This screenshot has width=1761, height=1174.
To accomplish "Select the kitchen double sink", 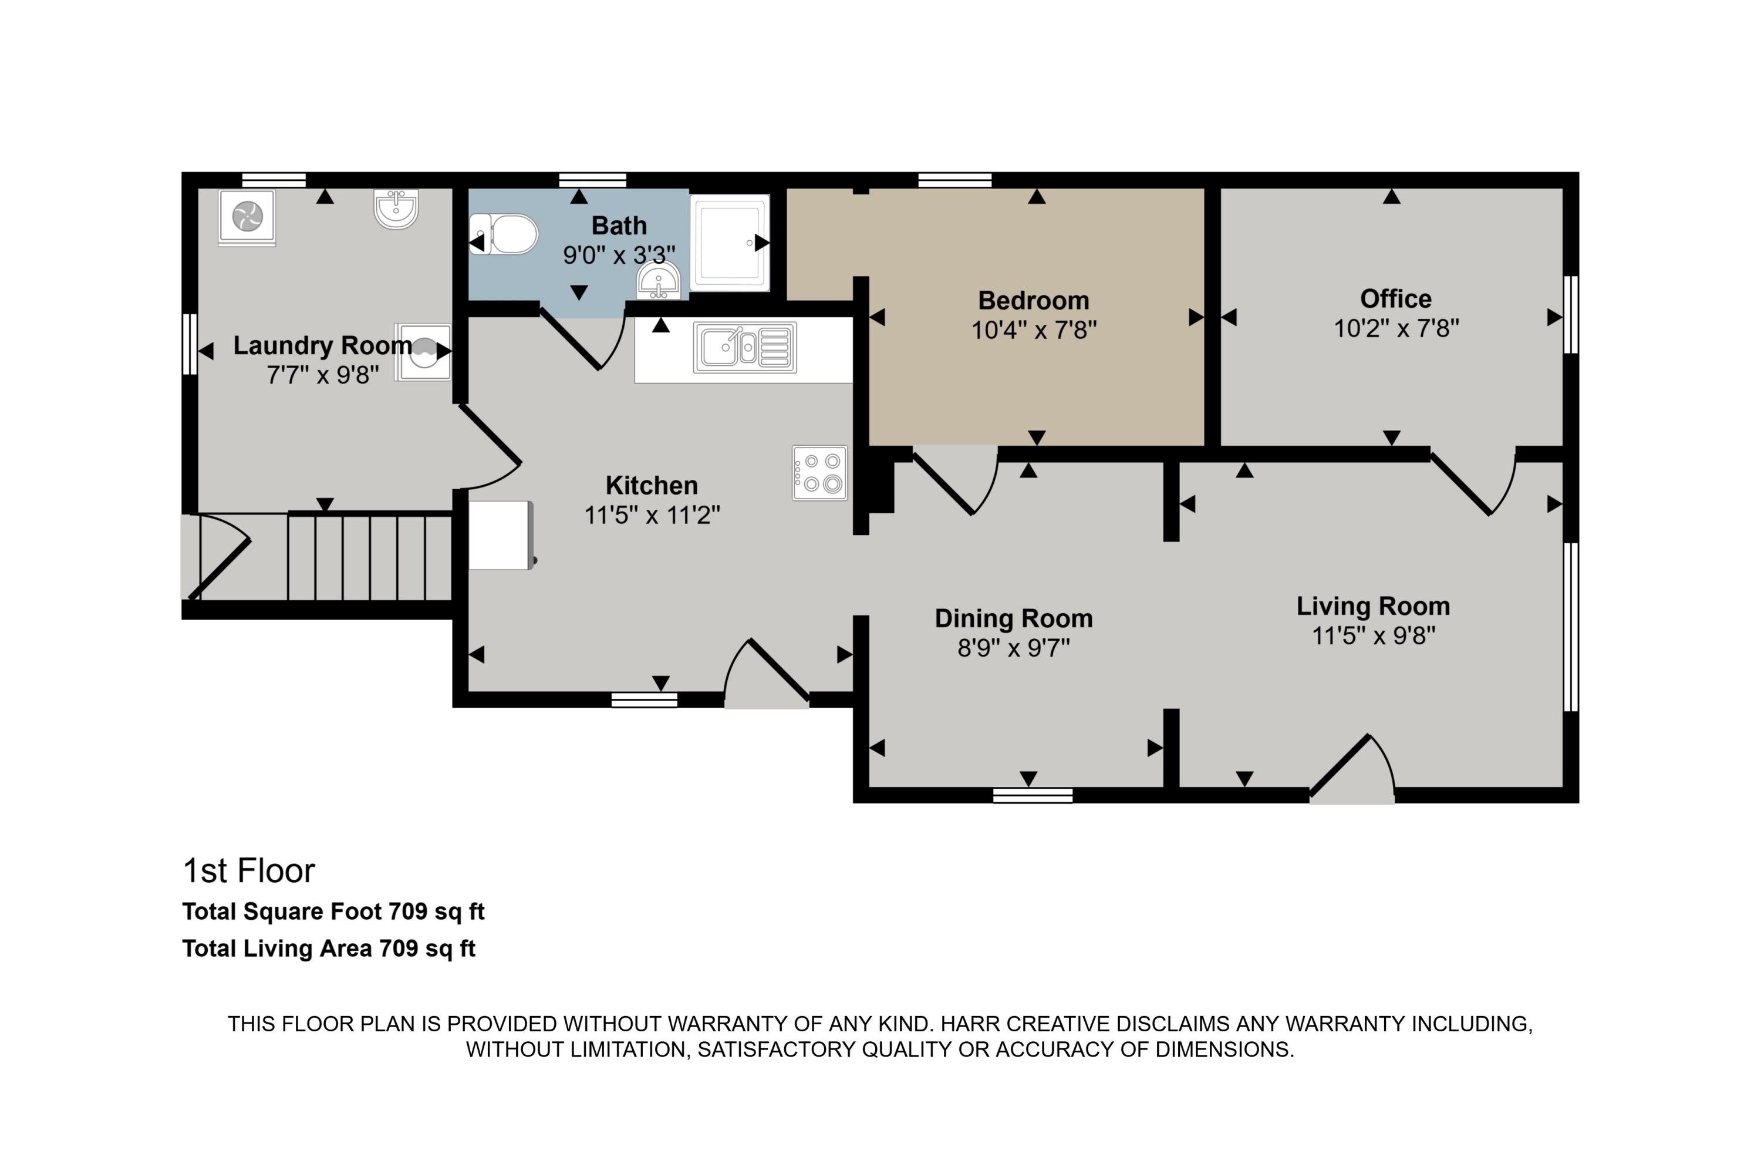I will pyautogui.click(x=745, y=348).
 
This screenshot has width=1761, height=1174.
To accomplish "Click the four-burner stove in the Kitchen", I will pyautogui.click(x=819, y=472).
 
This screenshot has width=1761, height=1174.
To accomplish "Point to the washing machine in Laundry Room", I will pyautogui.click(x=423, y=351).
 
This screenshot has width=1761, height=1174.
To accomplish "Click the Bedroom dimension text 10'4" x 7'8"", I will pyautogui.click(x=1034, y=330).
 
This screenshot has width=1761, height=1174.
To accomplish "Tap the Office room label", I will pyautogui.click(x=1395, y=299).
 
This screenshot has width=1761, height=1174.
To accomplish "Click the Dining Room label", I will pyautogui.click(x=1013, y=618).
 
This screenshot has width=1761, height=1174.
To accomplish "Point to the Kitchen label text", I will pyautogui.click(x=651, y=485).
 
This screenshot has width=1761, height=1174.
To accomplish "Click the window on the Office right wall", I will pyautogui.click(x=1571, y=314).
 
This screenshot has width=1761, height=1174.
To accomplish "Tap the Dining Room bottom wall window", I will pyautogui.click(x=1032, y=795).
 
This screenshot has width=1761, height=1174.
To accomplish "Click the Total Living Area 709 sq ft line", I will pyautogui.click(x=329, y=948).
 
